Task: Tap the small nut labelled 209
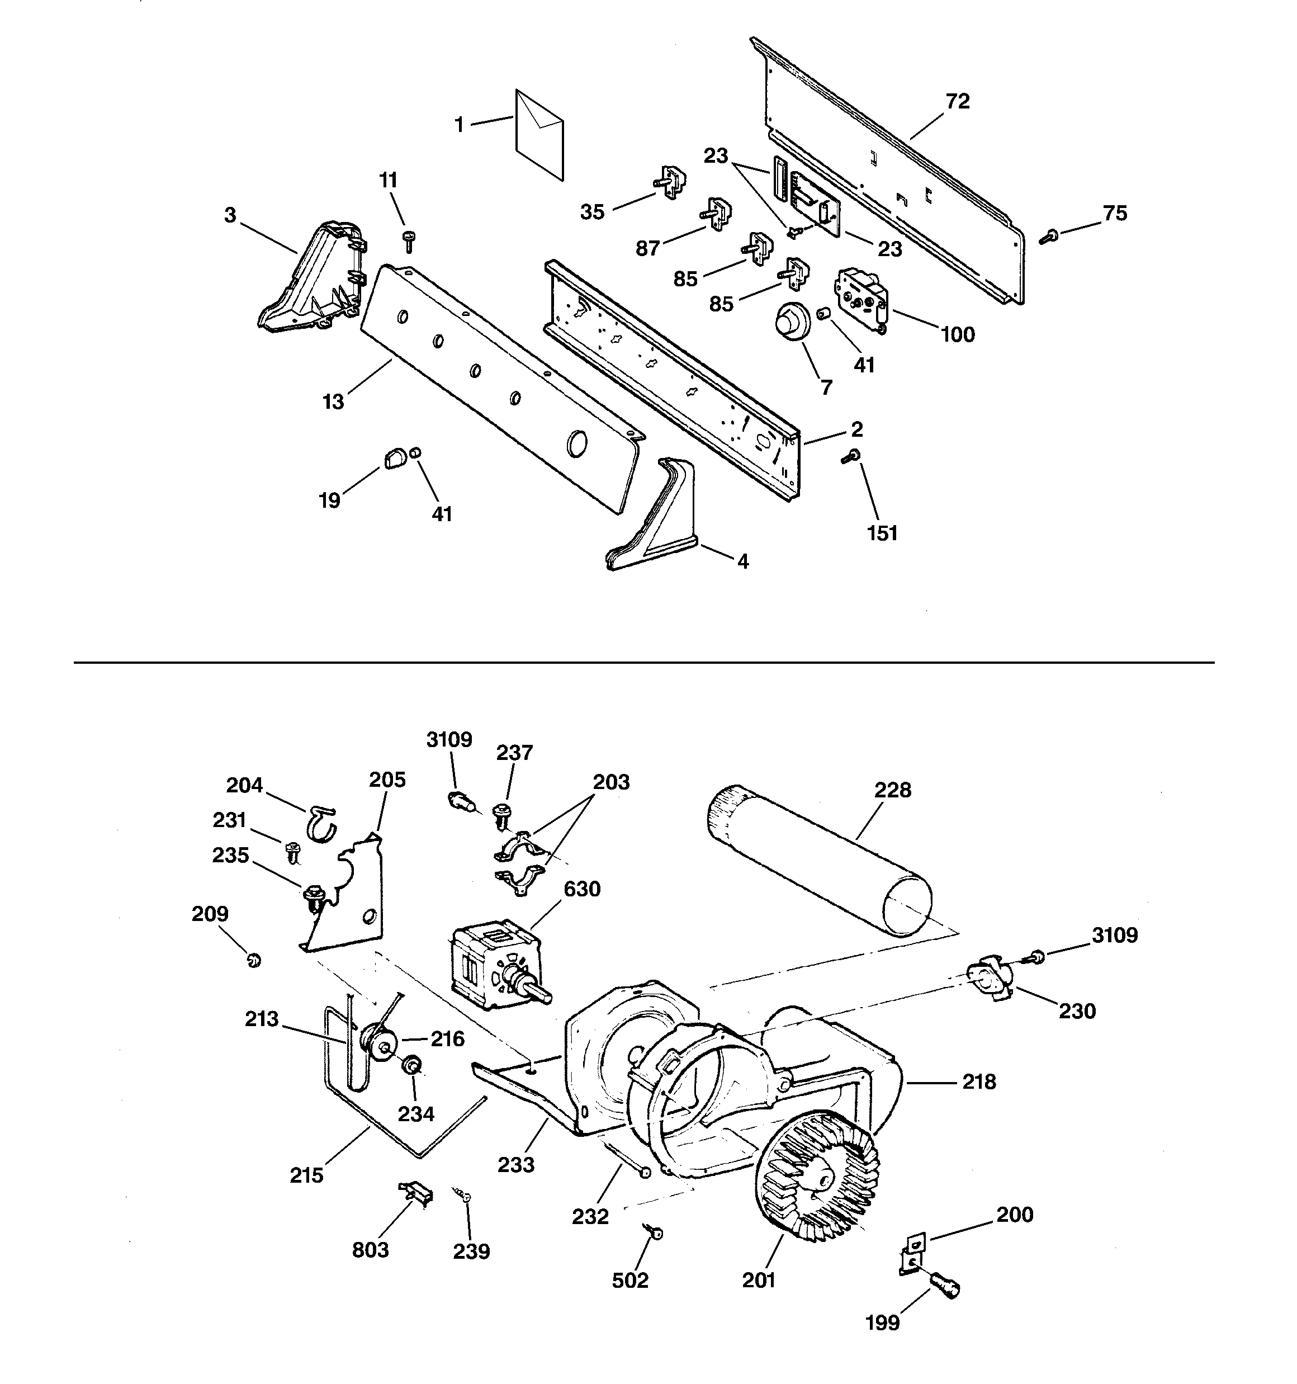(x=253, y=961)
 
